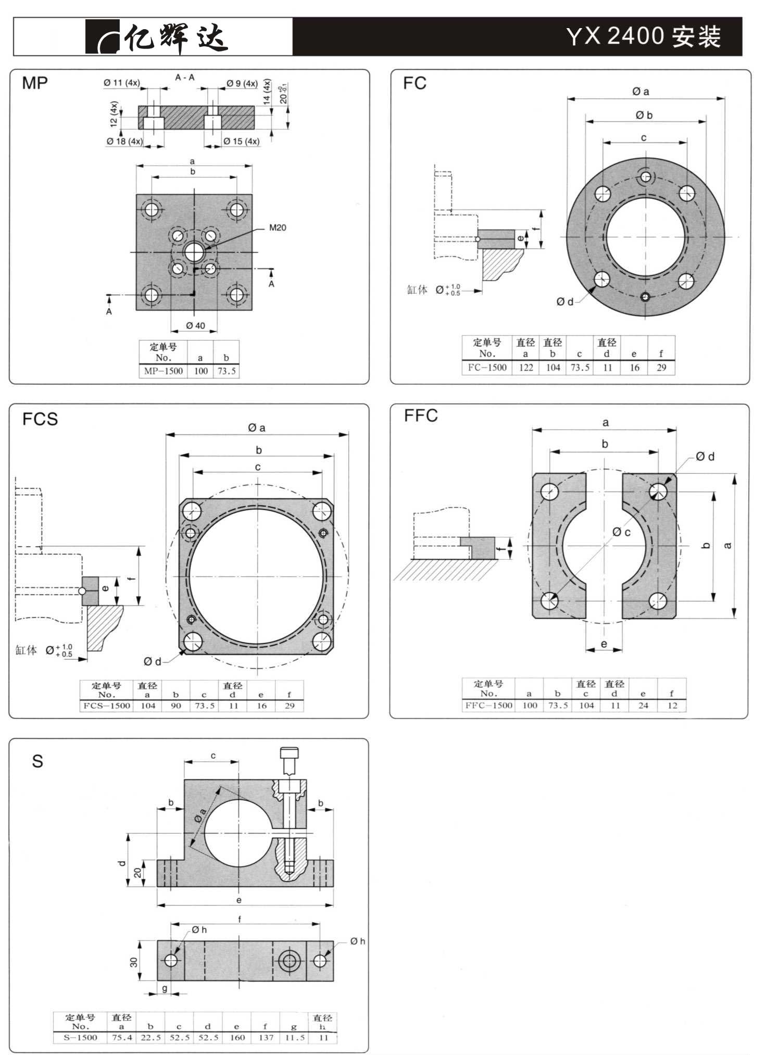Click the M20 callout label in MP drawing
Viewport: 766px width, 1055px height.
click(x=278, y=228)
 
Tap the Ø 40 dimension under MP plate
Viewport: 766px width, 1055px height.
click(x=196, y=326)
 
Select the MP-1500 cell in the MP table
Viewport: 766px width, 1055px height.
click(x=164, y=371)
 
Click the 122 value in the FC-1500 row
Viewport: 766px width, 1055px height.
click(x=526, y=368)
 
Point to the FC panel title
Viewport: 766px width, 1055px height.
click(x=415, y=83)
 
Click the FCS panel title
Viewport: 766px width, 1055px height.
click(x=40, y=419)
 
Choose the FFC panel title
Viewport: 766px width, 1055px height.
click(x=421, y=416)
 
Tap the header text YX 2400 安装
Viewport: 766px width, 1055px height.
click(x=643, y=36)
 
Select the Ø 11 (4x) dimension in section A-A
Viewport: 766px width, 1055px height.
click(x=121, y=83)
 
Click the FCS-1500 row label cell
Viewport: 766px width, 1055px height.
click(x=107, y=706)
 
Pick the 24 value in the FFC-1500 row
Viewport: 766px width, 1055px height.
click(x=644, y=706)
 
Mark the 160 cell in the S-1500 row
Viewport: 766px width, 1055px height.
click(x=237, y=1037)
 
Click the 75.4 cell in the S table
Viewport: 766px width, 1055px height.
click(x=122, y=1037)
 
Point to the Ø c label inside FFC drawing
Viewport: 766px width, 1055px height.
click(x=622, y=532)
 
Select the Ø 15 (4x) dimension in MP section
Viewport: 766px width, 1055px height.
click(x=241, y=141)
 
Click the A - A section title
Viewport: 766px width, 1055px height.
click(x=185, y=78)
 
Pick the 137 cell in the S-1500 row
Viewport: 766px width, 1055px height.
click(x=266, y=1037)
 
